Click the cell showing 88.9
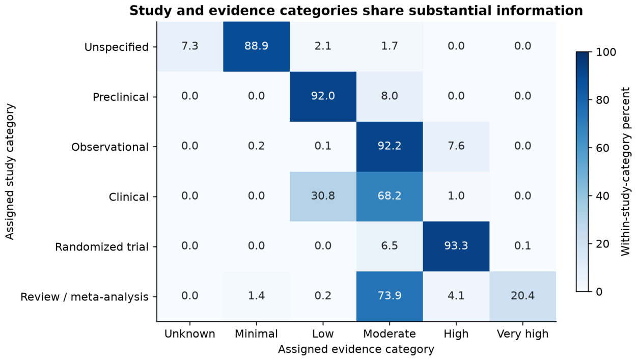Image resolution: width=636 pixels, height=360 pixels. (x=257, y=47)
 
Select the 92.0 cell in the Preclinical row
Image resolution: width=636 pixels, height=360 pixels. (x=323, y=97)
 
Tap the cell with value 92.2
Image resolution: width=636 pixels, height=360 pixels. (x=390, y=147)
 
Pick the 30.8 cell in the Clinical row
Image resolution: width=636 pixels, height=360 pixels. (x=323, y=197)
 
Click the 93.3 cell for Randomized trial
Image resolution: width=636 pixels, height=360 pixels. (x=456, y=246)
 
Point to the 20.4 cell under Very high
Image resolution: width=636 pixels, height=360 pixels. (x=523, y=296)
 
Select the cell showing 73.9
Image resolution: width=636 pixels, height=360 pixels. (x=390, y=296)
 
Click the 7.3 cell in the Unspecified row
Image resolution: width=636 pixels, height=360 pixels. (x=190, y=47)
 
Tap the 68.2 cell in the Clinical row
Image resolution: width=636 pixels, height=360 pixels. (x=390, y=197)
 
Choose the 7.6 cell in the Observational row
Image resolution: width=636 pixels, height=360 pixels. (x=456, y=147)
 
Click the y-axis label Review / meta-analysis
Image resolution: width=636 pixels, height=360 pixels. (x=85, y=297)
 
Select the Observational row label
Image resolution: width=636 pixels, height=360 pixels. (x=110, y=147)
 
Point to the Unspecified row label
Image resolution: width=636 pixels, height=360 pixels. (x=117, y=47)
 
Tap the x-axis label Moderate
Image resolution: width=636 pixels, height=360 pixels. (x=390, y=334)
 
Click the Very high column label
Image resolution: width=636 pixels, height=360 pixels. (x=523, y=334)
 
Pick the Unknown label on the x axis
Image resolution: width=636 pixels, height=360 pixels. (x=190, y=334)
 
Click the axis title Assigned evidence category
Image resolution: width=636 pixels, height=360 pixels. (x=356, y=349)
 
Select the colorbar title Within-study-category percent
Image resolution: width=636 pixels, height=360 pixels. (x=625, y=172)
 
